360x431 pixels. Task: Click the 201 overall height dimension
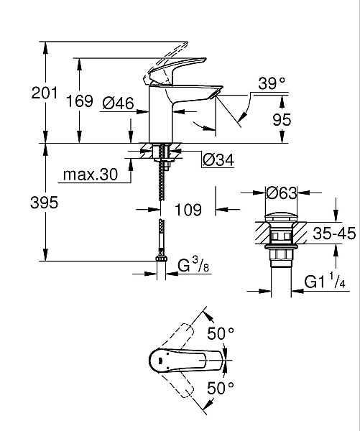tap(45, 93)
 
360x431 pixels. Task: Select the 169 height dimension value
tap(80, 101)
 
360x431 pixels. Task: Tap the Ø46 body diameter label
tap(119, 103)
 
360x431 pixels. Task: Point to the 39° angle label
tap(272, 83)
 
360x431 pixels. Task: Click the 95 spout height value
tap(282, 119)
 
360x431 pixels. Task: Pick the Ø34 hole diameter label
tap(218, 159)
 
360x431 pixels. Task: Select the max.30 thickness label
tap(91, 175)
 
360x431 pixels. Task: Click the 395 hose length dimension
tap(45, 203)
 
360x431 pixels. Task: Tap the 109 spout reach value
tap(188, 210)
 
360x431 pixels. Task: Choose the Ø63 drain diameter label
tap(282, 193)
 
